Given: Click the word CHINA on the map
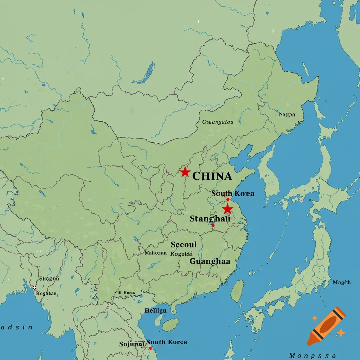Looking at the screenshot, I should pyautogui.click(x=212, y=176).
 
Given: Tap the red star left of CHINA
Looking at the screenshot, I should pyautogui.click(x=185, y=172).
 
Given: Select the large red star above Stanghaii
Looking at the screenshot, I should pyautogui.click(x=228, y=209).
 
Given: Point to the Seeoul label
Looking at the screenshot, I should pyautogui.click(x=184, y=244).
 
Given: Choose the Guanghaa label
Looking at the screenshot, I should pyautogui.click(x=210, y=261).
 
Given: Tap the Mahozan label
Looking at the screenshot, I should pyautogui.click(x=155, y=252).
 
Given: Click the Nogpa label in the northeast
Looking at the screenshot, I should pyautogui.click(x=287, y=114).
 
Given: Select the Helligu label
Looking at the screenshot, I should pyautogui.click(x=156, y=310).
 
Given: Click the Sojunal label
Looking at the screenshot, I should pyautogui.click(x=132, y=344).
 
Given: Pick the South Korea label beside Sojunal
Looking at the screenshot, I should pyautogui.click(x=167, y=342).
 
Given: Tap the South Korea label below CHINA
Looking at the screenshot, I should pyautogui.click(x=233, y=193).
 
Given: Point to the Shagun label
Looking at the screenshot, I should pyautogui.click(x=49, y=278).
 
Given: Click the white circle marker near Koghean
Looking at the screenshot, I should pyautogui.click(x=34, y=288).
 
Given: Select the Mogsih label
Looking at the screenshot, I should pyautogui.click(x=342, y=282).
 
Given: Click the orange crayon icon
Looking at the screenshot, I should pyautogui.click(x=326, y=326).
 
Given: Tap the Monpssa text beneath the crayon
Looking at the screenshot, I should pyautogui.click(x=312, y=356).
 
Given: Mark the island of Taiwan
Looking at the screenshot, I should pyautogui.click(x=238, y=291).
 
